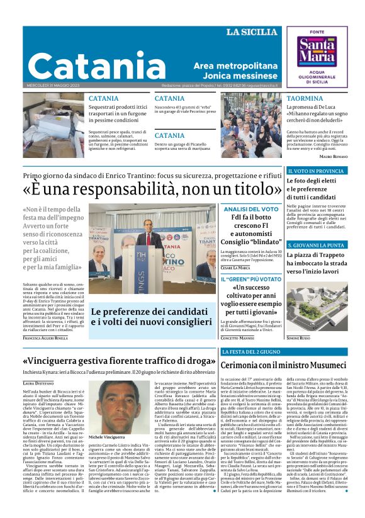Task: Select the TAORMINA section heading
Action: [x=305, y=99]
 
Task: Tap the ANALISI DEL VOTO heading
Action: [x=250, y=209]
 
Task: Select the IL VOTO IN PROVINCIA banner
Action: [x=315, y=171]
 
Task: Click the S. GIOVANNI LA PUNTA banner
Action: [x=315, y=245]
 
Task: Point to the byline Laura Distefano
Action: [x=39, y=382]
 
